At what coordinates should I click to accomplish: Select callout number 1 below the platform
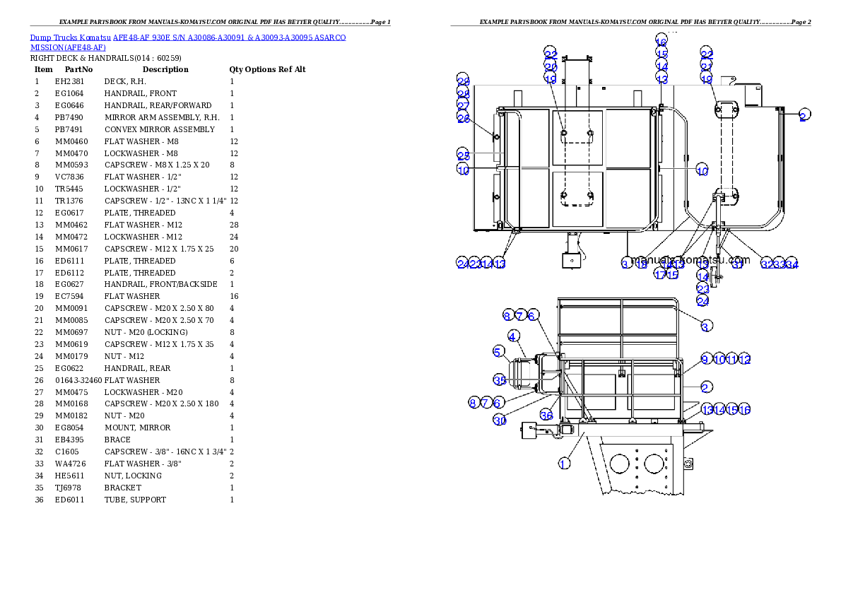point(563,464)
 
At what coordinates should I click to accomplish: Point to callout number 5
point(499,351)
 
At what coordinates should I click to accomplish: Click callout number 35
point(500,380)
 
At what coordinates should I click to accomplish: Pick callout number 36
point(546,415)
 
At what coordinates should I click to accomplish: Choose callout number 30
point(500,420)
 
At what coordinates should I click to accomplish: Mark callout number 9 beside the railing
point(705,360)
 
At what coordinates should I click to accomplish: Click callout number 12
point(744,360)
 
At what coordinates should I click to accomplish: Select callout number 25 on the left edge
point(463,155)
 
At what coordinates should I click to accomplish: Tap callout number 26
point(463,119)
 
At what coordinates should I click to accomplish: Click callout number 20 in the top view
point(551,66)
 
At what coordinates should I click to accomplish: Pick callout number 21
point(706,66)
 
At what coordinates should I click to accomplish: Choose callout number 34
point(792,264)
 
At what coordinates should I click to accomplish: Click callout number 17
point(659,274)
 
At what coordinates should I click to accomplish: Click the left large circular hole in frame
point(619,464)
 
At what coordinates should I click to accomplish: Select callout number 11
point(731,360)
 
